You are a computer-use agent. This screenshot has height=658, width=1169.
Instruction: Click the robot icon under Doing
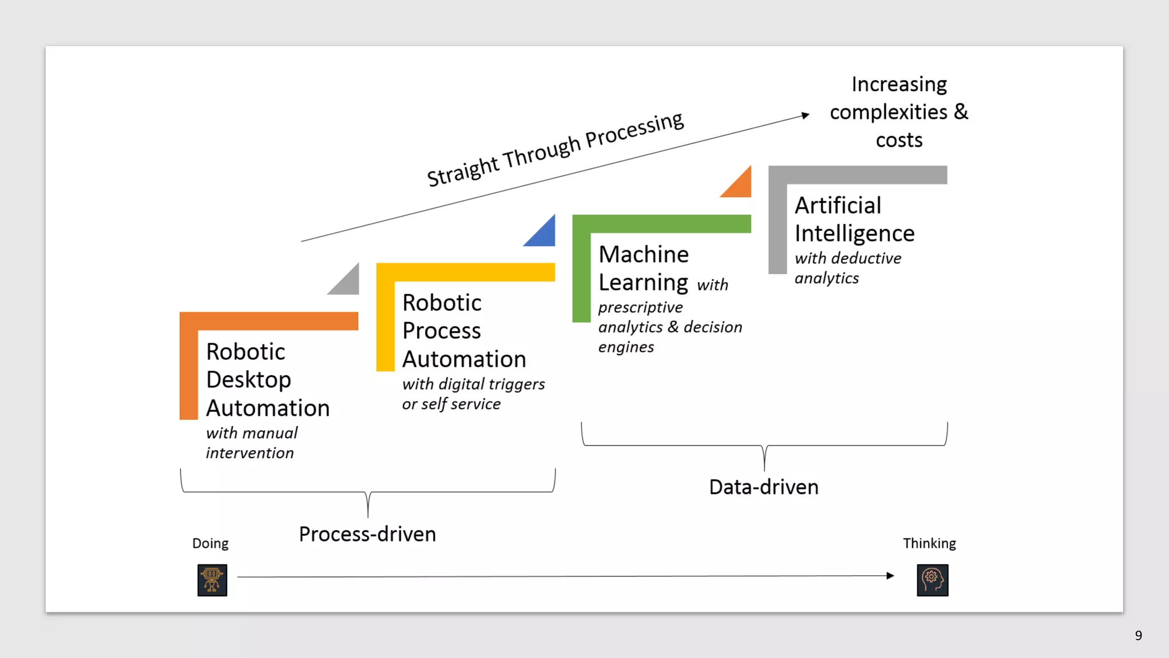pyautogui.click(x=212, y=580)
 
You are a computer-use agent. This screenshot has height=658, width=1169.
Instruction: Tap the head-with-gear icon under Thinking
pyautogui.click(x=932, y=580)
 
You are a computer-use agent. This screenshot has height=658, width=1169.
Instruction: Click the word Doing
pyautogui.click(x=210, y=543)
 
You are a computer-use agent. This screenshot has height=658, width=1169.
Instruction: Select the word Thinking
pyautogui.click(x=929, y=543)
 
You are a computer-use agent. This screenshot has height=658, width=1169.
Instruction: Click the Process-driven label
pyautogui.click(x=367, y=534)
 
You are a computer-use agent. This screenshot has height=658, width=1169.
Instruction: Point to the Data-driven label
pyautogui.click(x=763, y=487)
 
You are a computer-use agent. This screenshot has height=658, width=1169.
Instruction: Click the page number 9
pyautogui.click(x=1138, y=636)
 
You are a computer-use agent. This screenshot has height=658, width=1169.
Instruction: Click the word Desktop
pyautogui.click(x=248, y=380)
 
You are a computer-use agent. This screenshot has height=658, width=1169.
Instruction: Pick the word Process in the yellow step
pyautogui.click(x=441, y=331)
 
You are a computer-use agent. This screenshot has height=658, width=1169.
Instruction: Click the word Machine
pyautogui.click(x=643, y=254)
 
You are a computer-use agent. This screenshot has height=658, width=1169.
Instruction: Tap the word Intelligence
pyautogui.click(x=854, y=234)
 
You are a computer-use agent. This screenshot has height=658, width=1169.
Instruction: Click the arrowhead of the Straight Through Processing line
pyautogui.click(x=805, y=115)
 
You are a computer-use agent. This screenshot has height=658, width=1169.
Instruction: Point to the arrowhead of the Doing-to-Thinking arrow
pyautogui.click(x=890, y=576)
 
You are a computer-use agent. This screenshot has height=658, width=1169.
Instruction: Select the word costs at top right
pyautogui.click(x=899, y=140)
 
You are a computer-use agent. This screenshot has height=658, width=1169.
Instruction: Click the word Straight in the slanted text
pyautogui.click(x=463, y=171)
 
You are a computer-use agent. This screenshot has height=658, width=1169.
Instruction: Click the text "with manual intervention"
pyautogui.click(x=251, y=443)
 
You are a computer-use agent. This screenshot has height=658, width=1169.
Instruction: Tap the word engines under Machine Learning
pyautogui.click(x=626, y=347)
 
